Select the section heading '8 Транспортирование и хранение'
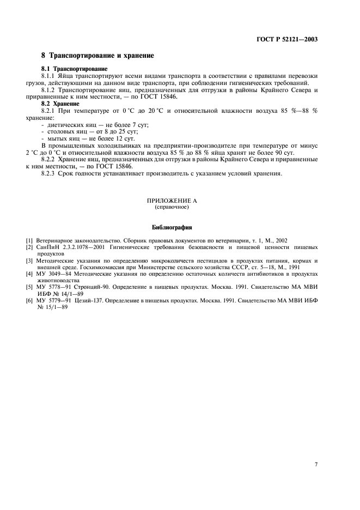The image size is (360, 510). (98, 56)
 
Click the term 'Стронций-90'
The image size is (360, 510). (85, 286)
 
